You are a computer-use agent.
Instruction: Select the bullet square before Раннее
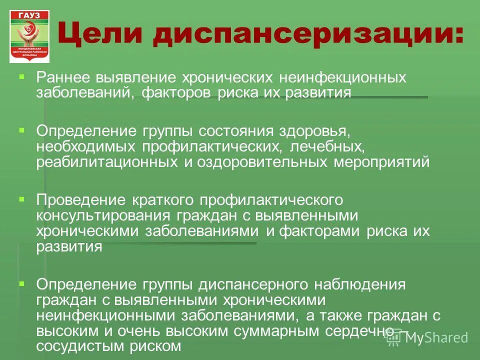tap(21, 77)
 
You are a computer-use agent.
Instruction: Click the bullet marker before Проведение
tap(21, 198)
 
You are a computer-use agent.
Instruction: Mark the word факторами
tap(320, 231)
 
